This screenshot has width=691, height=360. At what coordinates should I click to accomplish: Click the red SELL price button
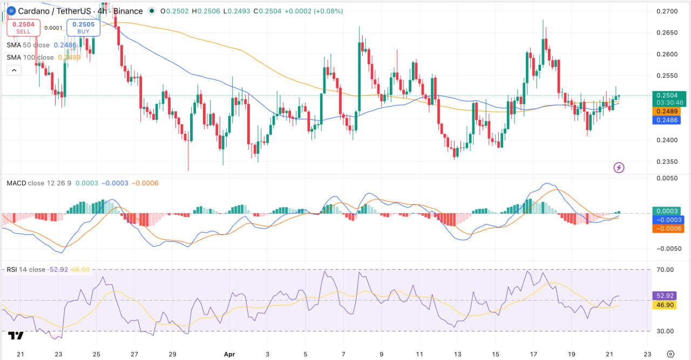click(23, 28)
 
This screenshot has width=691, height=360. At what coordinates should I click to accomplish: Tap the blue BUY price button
click(83, 28)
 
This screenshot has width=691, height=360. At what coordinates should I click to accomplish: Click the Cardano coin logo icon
click(9, 11)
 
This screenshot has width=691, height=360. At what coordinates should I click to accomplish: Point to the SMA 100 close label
click(30, 57)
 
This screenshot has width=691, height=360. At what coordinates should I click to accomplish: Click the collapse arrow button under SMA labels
click(14, 70)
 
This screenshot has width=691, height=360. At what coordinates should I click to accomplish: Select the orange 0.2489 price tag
click(667, 111)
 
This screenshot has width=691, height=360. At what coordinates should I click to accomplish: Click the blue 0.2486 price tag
click(667, 120)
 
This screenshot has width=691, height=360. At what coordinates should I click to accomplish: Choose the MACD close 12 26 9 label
click(39, 184)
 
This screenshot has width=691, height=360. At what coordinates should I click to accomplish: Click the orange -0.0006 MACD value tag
click(668, 229)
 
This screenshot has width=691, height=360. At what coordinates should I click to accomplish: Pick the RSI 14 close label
click(26, 269)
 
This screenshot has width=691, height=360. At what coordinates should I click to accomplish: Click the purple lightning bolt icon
click(619, 168)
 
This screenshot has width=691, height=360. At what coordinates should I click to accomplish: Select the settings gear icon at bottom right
click(670, 354)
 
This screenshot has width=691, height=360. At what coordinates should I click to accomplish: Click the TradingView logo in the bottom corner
click(16, 336)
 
